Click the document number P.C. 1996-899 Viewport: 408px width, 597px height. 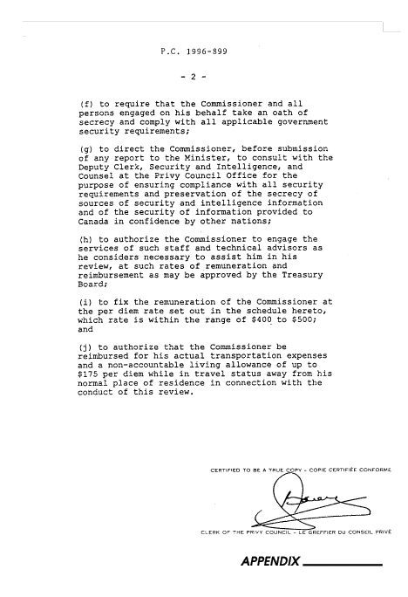[x=194, y=51]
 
